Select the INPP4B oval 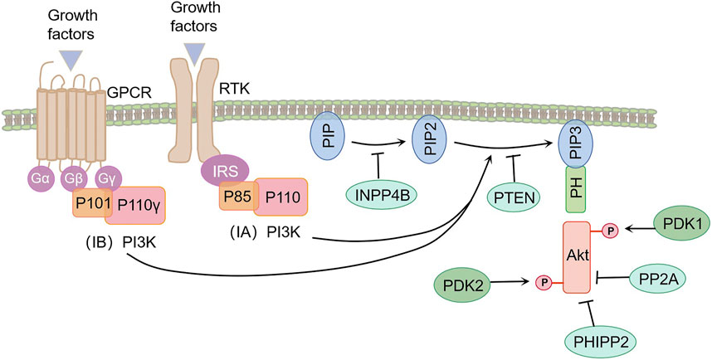click(383, 196)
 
